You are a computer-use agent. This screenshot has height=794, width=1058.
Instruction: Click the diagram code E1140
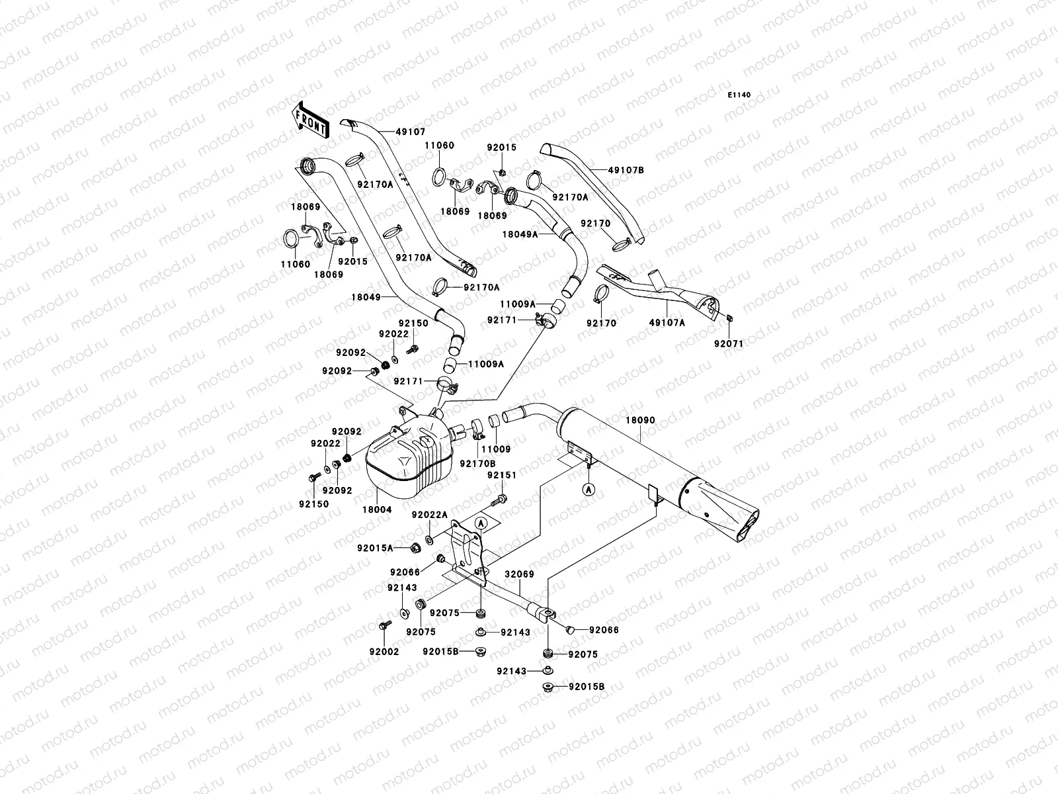(740, 95)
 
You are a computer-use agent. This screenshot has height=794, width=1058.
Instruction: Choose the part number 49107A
(667, 323)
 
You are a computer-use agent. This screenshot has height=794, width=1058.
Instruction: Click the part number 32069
(520, 574)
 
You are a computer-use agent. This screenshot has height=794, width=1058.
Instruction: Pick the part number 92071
(729, 343)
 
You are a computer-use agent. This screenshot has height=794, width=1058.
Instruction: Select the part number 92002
(384, 652)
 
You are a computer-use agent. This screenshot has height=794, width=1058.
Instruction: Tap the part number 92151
(502, 475)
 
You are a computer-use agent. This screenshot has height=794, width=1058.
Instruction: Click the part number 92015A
(376, 548)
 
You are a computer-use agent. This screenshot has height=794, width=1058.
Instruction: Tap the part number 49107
(411, 132)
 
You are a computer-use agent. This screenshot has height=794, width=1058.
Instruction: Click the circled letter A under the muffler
(589, 490)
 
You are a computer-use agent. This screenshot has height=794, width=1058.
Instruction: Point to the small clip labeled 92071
(727, 320)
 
